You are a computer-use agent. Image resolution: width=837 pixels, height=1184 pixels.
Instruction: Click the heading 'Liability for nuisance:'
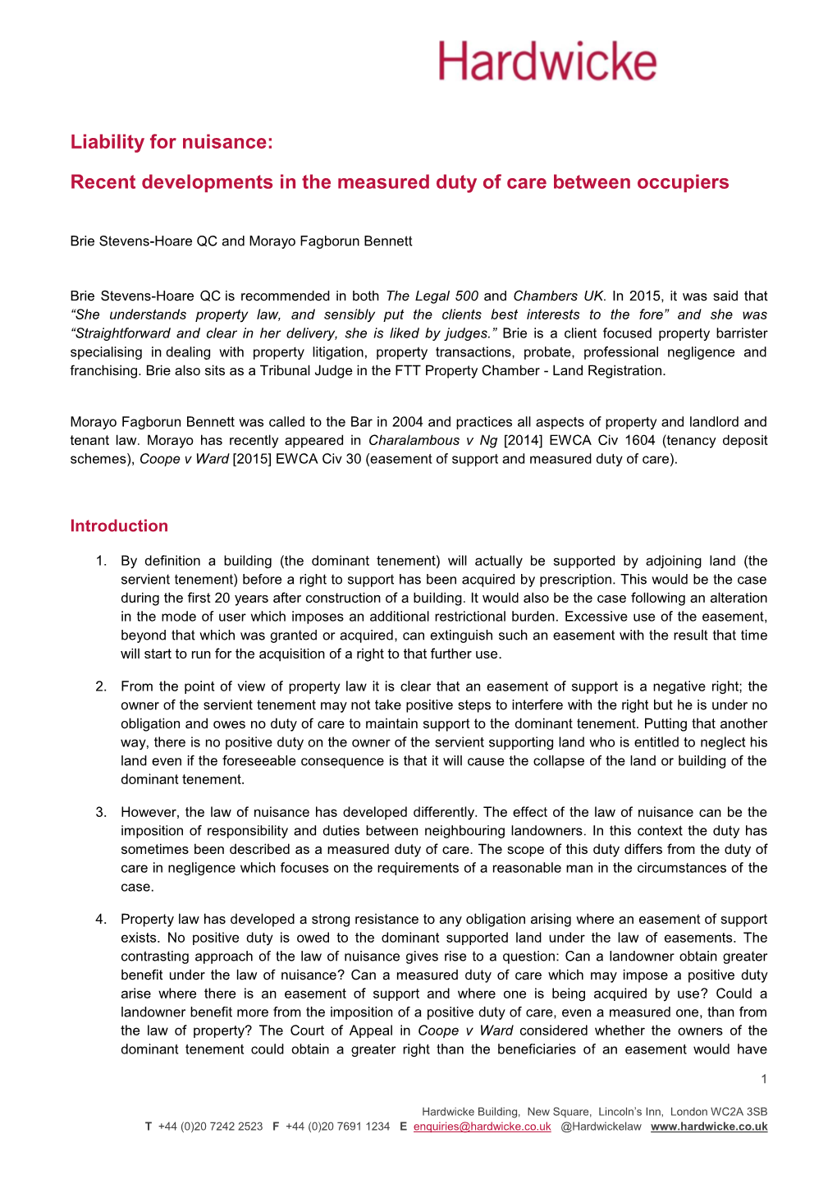point(171,142)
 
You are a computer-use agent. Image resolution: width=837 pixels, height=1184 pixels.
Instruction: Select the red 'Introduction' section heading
point(119,526)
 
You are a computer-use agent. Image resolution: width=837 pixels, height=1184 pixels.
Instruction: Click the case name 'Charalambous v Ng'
point(432,441)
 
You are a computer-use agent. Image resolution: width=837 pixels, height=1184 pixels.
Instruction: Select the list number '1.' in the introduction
point(102,562)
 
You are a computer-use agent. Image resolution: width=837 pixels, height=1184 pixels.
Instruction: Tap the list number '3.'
point(102,813)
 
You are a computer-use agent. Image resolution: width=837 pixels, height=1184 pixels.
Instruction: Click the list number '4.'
point(102,920)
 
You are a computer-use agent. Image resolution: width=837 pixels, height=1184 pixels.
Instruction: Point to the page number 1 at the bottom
point(764,1079)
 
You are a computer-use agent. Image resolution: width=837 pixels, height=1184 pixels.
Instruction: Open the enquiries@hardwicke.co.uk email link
point(482,1127)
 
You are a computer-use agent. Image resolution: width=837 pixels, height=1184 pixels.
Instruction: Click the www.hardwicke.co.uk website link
point(709,1127)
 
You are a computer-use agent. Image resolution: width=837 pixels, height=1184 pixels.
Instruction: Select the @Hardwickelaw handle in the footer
point(601,1127)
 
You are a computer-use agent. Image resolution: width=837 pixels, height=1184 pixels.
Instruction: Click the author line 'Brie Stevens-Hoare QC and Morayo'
point(241,241)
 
